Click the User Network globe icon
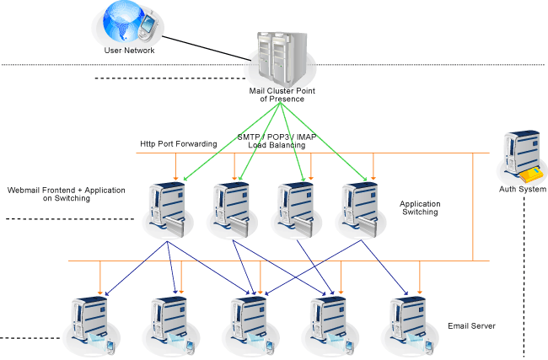click(125, 24)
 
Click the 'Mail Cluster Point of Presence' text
click(277, 94)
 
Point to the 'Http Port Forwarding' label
click(179, 143)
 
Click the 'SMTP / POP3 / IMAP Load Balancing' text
click(277, 141)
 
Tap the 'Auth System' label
click(523, 190)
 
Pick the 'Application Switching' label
click(420, 208)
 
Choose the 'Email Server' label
click(471, 326)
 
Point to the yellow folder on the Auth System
click(531, 175)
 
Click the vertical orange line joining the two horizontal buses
click(473, 207)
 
